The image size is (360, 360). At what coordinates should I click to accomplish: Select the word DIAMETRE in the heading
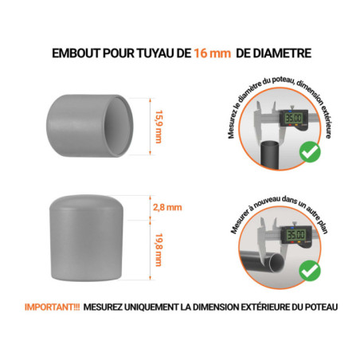(x=280, y=53)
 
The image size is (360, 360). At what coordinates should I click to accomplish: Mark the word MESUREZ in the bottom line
(x=101, y=307)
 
